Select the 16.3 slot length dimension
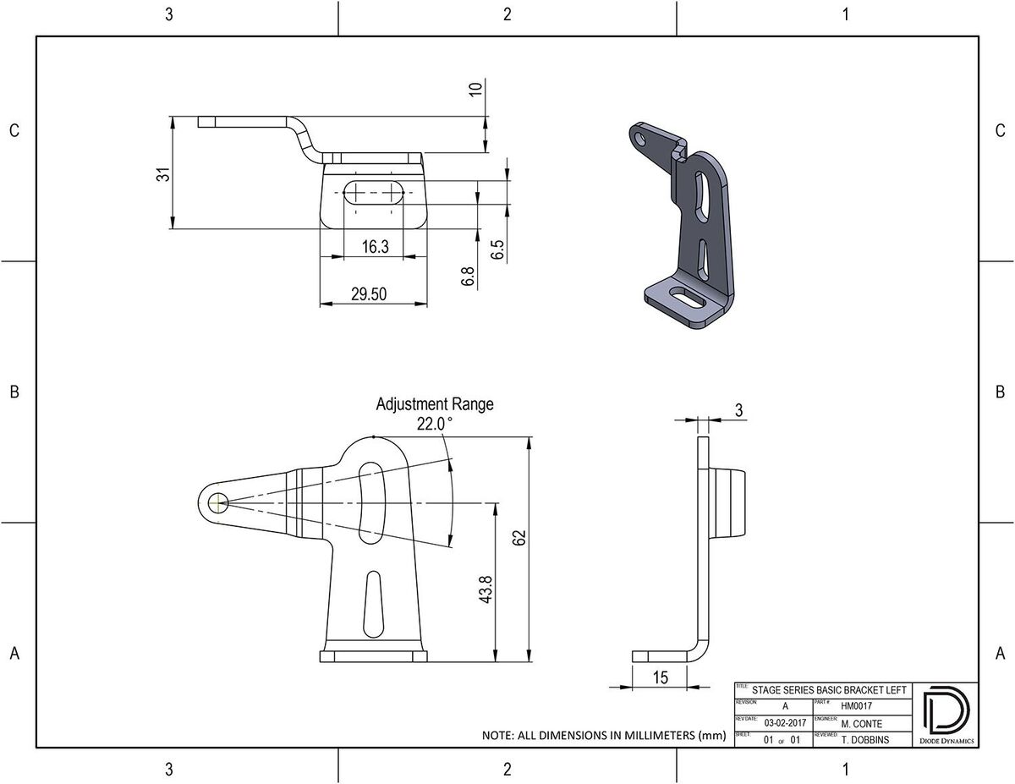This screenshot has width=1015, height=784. click(375, 247)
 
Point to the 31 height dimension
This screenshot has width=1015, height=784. click(164, 173)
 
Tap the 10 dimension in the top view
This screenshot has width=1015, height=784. click(476, 90)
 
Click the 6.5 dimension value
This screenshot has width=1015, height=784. click(497, 249)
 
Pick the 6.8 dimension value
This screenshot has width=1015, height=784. click(469, 277)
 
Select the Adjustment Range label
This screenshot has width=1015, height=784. click(434, 404)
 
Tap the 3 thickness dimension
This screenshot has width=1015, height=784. click(738, 410)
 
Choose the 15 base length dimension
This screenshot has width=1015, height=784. click(661, 677)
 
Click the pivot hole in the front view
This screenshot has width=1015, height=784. click(217, 502)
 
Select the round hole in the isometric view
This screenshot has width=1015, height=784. click(640, 135)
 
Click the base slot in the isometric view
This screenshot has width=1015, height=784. click(687, 299)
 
